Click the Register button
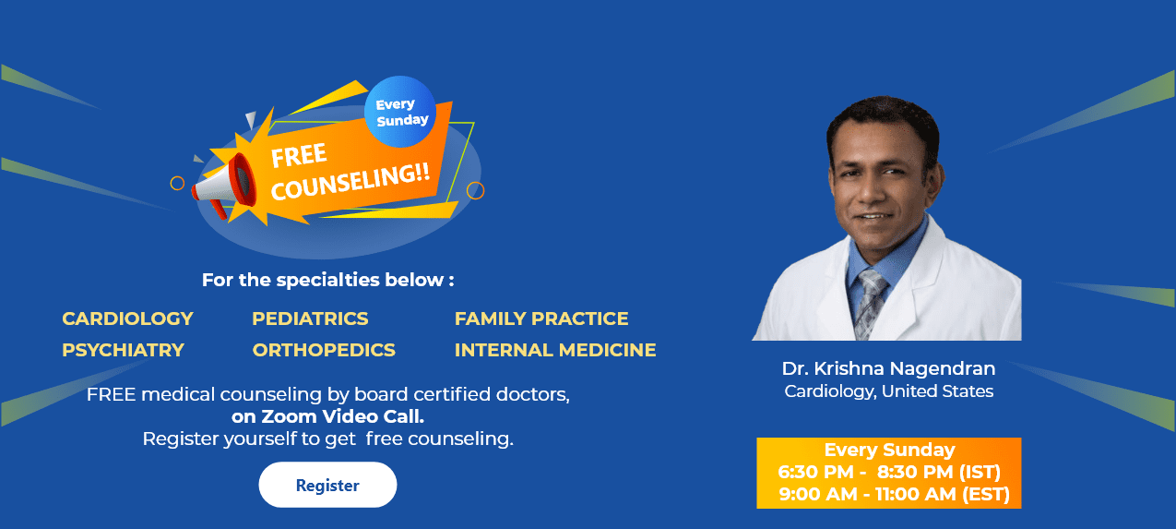(327, 485)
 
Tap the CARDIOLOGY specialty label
(127, 319)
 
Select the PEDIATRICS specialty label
(310, 319)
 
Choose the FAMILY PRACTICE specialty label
(541, 319)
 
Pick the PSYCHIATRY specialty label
(123, 350)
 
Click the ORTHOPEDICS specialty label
(324, 350)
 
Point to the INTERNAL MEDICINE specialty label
(555, 350)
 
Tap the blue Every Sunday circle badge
(401, 112)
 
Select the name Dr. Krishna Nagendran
(888, 368)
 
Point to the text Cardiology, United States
(888, 391)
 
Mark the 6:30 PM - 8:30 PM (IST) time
(889, 473)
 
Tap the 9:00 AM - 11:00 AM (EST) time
(894, 495)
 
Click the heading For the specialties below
(327, 280)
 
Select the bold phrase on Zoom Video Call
(327, 416)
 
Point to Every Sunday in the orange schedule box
(889, 451)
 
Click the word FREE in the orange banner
(299, 156)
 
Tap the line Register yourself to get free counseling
(327, 439)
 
